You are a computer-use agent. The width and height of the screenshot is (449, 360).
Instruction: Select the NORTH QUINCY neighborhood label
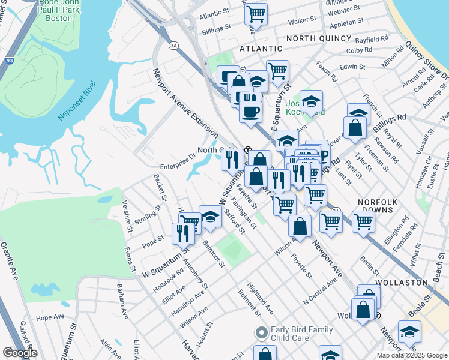tap(318, 38)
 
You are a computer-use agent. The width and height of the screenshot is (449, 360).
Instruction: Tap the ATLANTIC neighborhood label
tap(261, 48)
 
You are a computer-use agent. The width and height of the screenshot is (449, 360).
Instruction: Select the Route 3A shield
tap(173, 45)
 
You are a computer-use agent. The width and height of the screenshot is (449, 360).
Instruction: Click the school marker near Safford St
tap(210, 217)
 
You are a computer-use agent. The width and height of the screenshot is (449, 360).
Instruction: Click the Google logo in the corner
tap(19, 353)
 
